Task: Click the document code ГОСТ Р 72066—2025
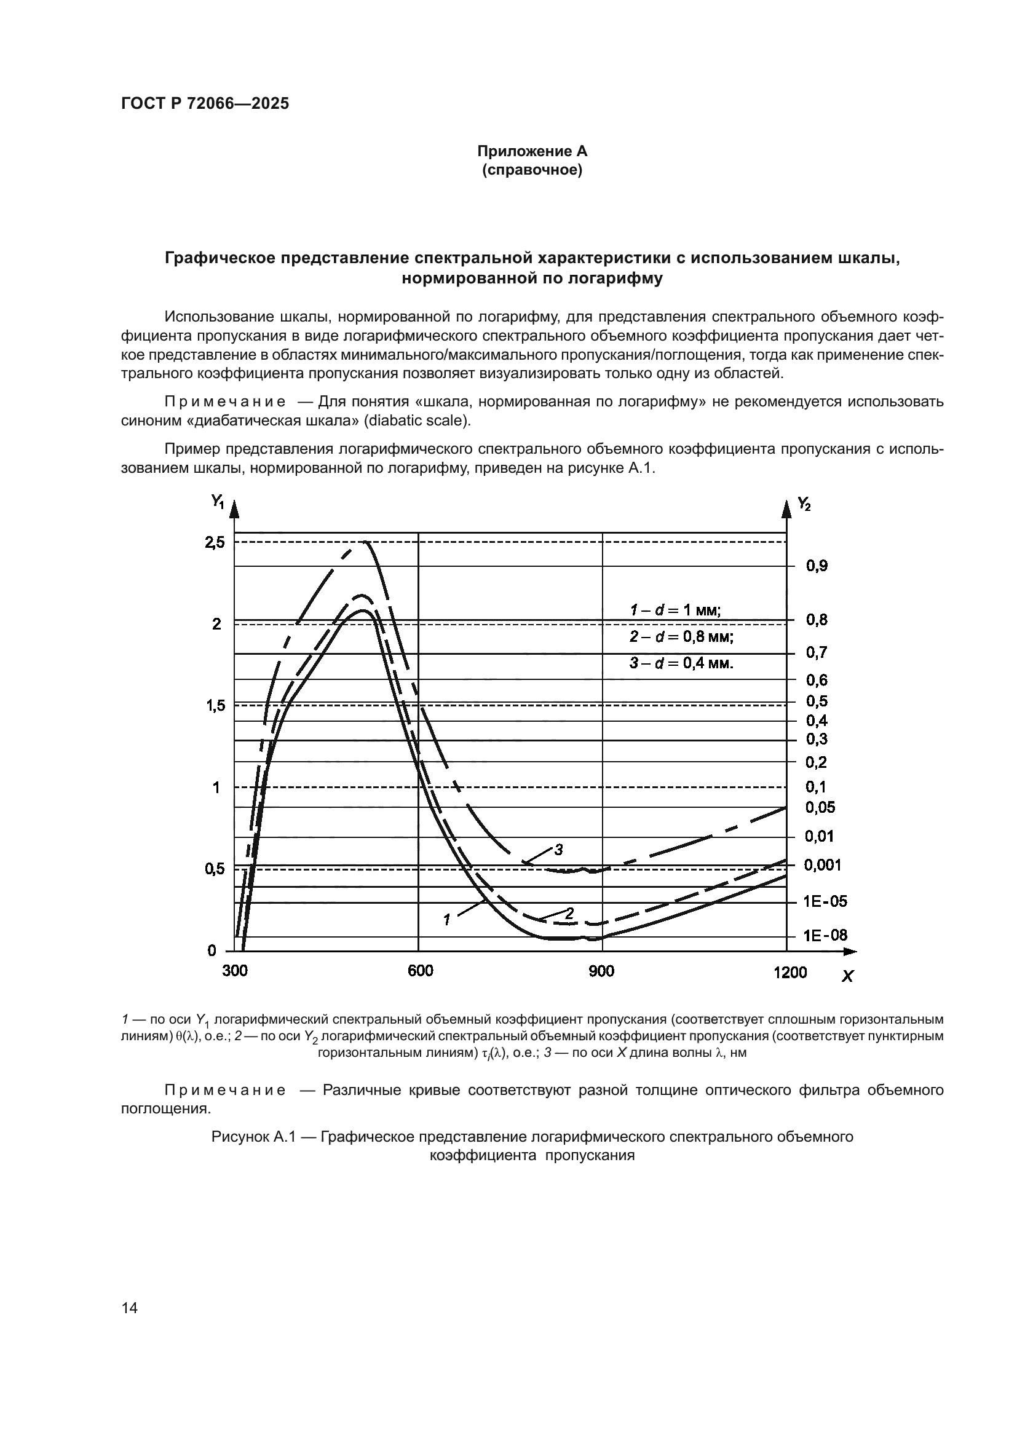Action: [205, 104]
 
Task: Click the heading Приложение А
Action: [532, 151]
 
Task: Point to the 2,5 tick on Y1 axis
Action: [214, 542]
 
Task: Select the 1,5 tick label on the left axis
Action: [214, 706]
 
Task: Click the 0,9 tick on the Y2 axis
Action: [817, 566]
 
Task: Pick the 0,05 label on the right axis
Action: [820, 807]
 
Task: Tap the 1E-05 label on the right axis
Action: [825, 901]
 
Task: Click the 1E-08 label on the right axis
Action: [825, 936]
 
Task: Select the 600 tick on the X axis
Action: [419, 971]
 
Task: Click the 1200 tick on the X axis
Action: [789, 972]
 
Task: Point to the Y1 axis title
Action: [217, 502]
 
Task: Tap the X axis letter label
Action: [847, 976]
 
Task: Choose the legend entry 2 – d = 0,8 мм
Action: [681, 637]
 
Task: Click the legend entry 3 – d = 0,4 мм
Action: [681, 663]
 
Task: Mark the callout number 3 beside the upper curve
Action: [558, 850]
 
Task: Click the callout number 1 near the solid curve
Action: [446, 920]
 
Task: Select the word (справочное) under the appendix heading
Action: [532, 170]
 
